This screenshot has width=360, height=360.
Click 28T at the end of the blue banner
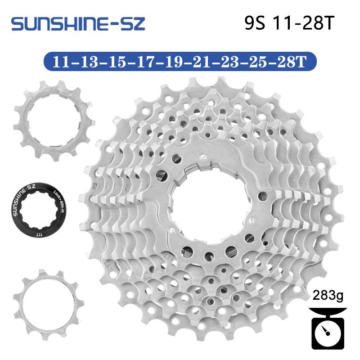[297, 61]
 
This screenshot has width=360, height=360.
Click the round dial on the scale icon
[327, 332]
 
